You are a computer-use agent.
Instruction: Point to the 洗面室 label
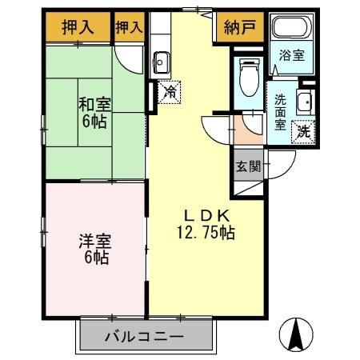click(x=281, y=112)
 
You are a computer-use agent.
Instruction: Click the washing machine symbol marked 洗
click(x=304, y=130)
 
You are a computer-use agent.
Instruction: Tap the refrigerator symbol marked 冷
click(x=170, y=92)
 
